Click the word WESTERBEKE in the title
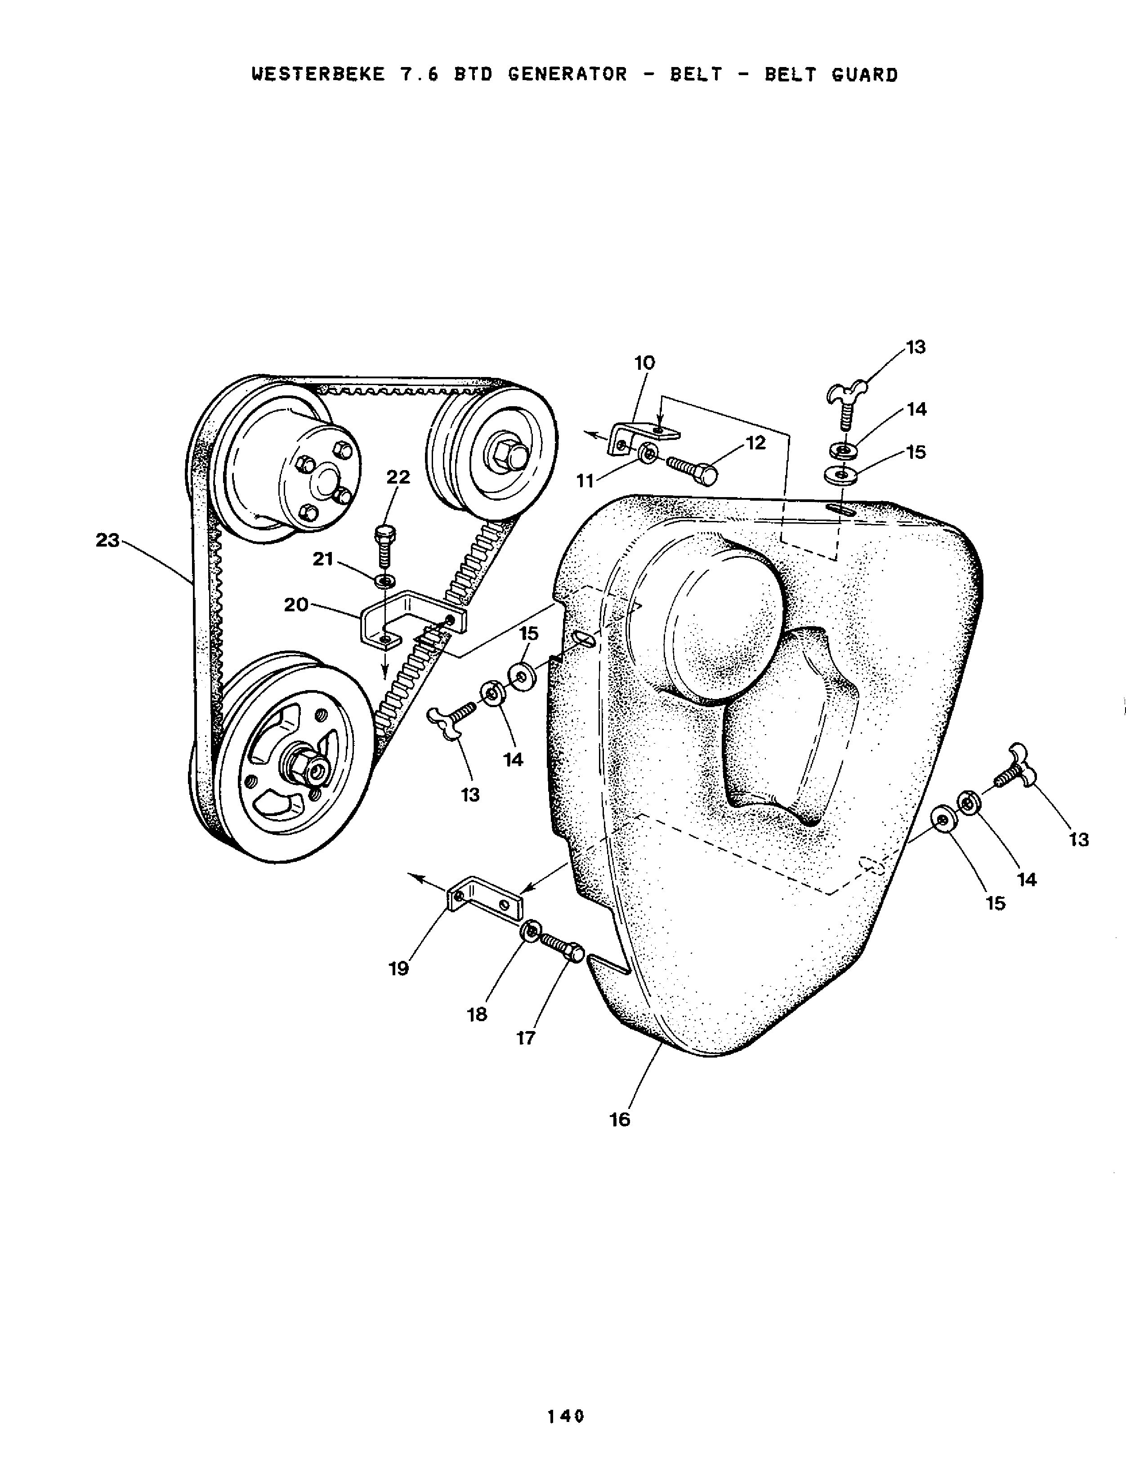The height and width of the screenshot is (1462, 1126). pos(318,74)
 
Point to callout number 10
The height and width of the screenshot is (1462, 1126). pos(644,363)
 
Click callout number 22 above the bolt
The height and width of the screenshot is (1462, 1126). pos(398,477)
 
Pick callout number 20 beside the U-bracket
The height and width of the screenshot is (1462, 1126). pos(296,605)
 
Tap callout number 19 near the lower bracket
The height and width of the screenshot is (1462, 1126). pos(399,968)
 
